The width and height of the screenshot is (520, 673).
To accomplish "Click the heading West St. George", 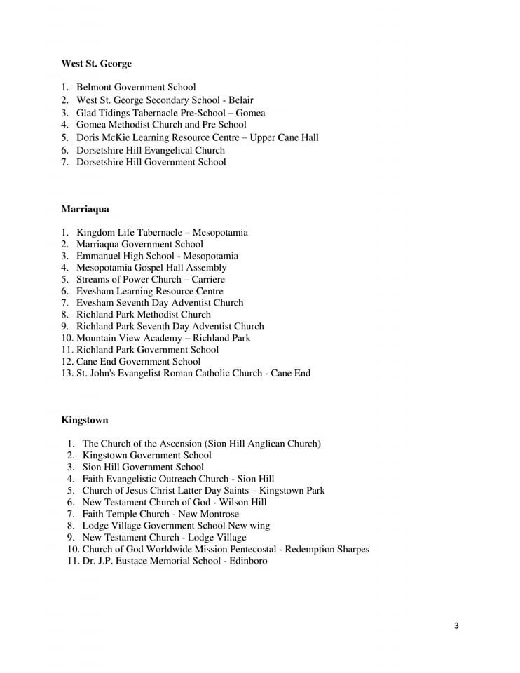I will (x=96, y=64).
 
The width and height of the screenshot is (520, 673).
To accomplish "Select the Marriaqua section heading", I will (x=85, y=209).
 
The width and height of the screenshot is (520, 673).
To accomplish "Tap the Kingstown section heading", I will (x=84, y=420).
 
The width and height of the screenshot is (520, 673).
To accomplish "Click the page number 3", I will (x=456, y=625).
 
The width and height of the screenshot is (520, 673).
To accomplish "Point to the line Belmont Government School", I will (x=136, y=88).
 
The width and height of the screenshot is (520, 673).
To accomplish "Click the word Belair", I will (x=241, y=100).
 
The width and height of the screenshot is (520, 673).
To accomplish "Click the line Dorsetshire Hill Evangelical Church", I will (x=151, y=150).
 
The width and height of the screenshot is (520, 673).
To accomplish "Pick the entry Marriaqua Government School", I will (x=139, y=244).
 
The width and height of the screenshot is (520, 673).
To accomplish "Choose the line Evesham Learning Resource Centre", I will (x=150, y=291).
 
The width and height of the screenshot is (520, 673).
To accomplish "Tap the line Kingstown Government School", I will (x=146, y=455).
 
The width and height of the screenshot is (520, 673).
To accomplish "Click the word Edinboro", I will (x=247, y=561).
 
